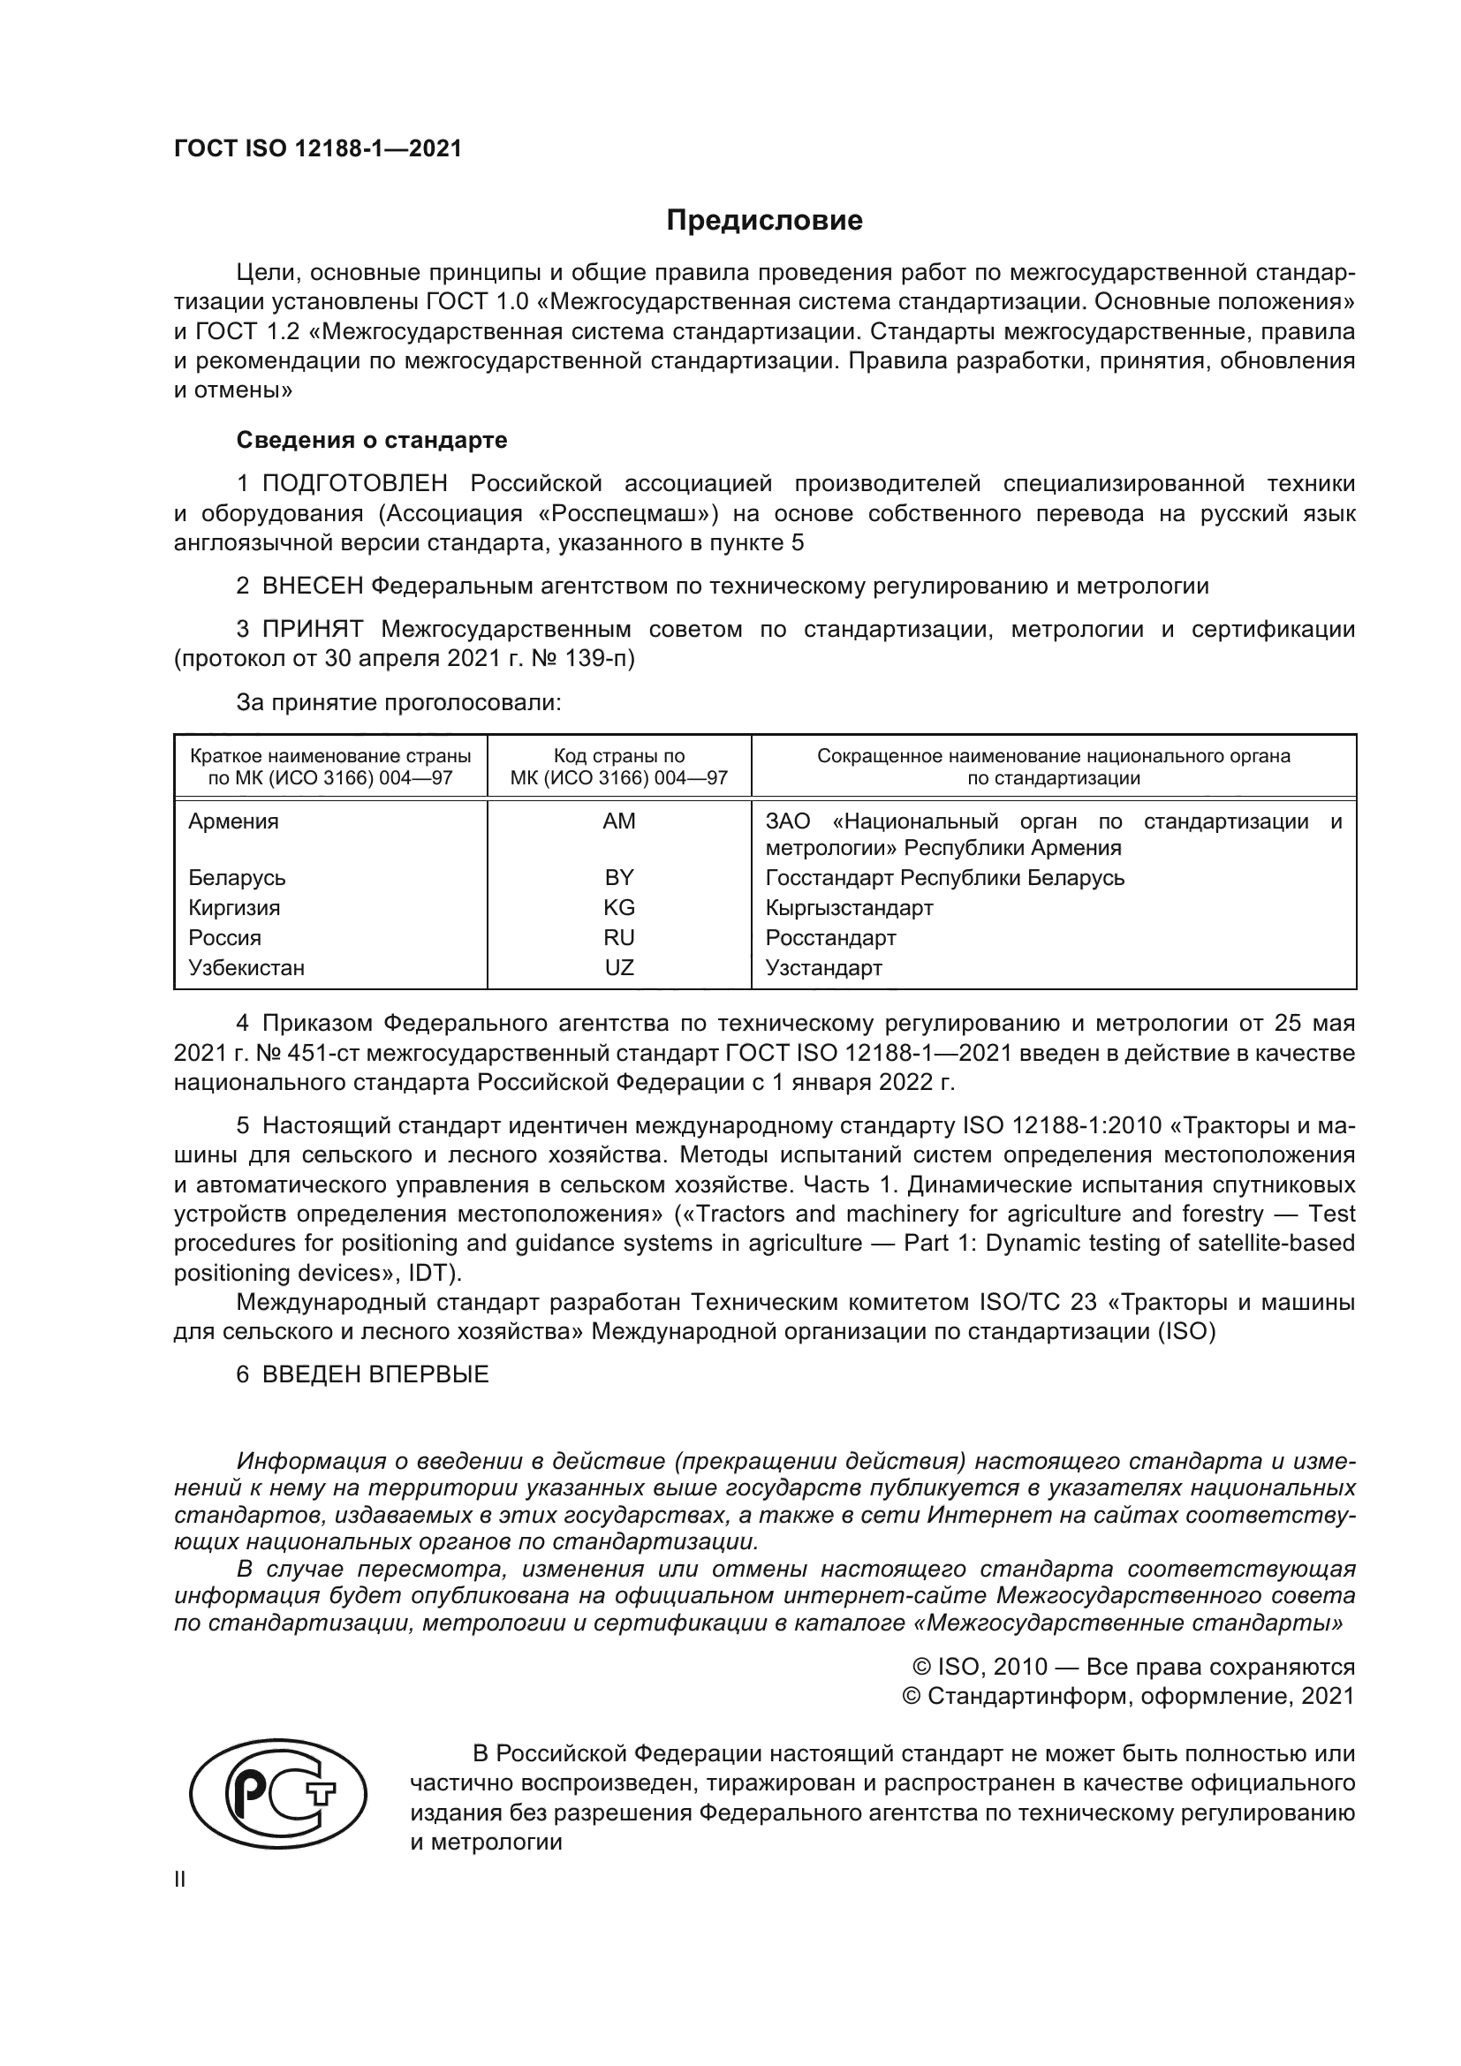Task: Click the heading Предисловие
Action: [x=764, y=221]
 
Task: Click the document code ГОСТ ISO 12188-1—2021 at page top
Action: [x=318, y=149]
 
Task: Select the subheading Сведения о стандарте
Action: [x=372, y=440]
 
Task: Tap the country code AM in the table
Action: [x=619, y=821]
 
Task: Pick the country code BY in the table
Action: [x=619, y=877]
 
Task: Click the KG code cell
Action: [x=619, y=907]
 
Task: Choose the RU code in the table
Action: [x=619, y=938]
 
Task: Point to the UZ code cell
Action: [x=619, y=967]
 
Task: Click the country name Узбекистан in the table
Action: [x=246, y=967]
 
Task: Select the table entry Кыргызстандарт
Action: [x=849, y=907]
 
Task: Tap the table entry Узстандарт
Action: [x=823, y=967]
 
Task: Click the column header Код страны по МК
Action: [x=619, y=767]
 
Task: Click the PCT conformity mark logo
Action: [x=277, y=1793]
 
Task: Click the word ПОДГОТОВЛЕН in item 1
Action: [x=354, y=484]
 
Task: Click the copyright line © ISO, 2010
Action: [x=1133, y=1668]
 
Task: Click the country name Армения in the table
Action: [x=234, y=821]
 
